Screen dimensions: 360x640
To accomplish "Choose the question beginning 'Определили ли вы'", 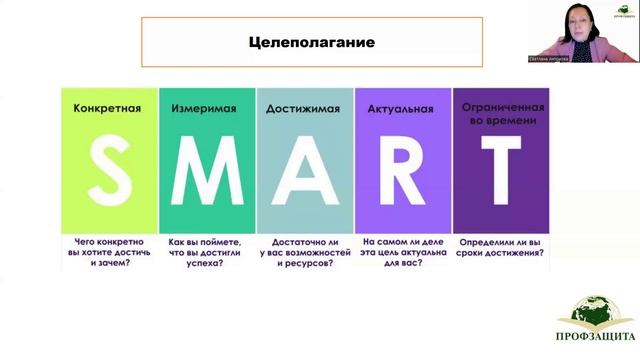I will [x=500, y=247].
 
